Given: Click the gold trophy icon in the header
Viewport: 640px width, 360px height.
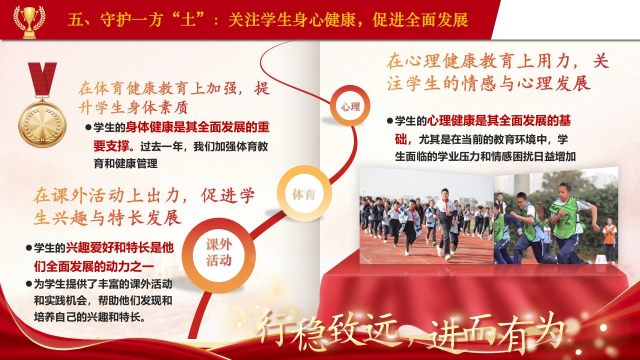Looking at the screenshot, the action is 29,22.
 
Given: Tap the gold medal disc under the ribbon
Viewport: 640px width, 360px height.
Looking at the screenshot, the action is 42,124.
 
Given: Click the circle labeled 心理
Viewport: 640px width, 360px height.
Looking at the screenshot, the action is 350,106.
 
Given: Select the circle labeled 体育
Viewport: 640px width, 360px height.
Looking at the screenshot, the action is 304,193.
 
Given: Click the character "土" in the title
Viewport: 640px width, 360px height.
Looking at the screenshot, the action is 187,20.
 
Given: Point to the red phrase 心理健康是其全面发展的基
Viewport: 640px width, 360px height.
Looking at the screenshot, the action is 499,121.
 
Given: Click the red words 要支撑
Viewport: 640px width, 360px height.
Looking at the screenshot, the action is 111,146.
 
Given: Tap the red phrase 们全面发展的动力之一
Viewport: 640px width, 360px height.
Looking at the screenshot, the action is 94,266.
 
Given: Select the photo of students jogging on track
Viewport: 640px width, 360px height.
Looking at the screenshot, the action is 426,215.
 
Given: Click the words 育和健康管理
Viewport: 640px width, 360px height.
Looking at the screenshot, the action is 125,163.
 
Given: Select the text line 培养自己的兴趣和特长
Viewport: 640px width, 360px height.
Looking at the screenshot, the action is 89,317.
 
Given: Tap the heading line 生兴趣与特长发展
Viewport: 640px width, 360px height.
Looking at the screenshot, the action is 107,217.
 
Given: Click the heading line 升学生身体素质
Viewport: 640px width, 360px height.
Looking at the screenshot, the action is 133,107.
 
